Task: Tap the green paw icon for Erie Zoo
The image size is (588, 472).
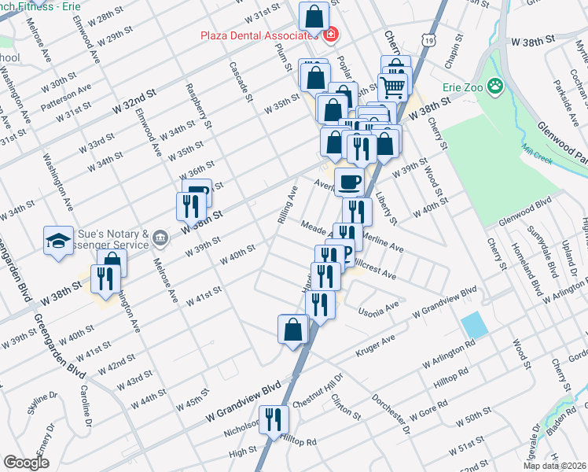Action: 495,84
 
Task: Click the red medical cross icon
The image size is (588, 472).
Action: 330,35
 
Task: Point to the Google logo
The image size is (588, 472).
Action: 26,463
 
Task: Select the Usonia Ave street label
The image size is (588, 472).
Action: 380,304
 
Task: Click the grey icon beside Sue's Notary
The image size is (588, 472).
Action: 160,236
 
